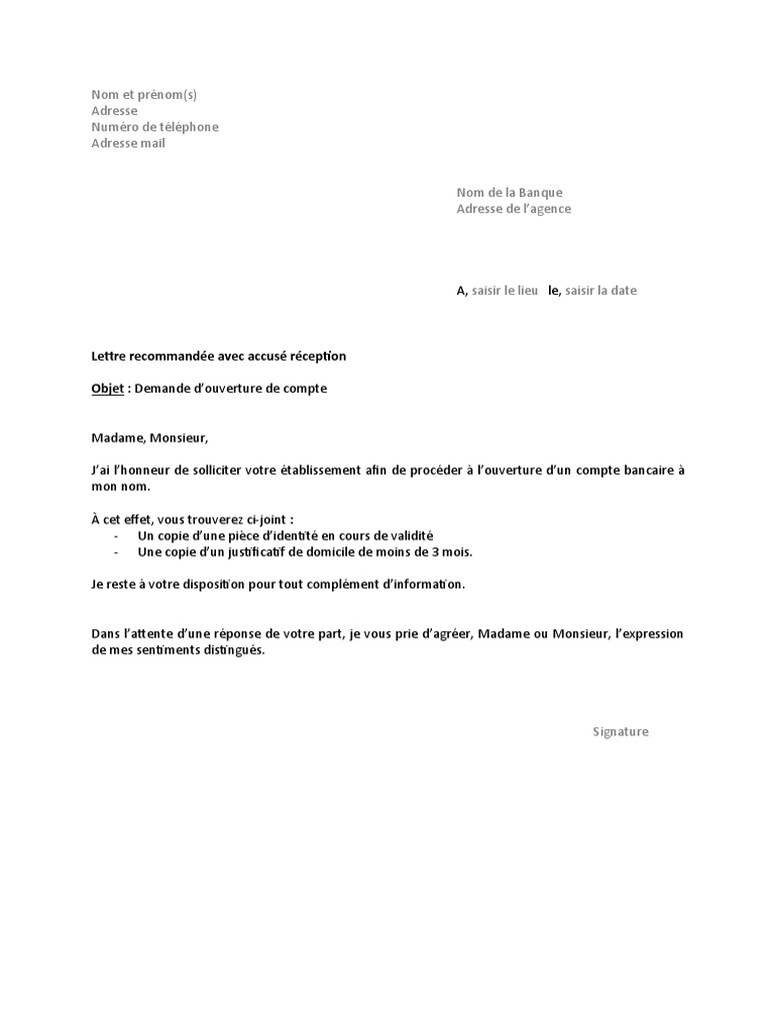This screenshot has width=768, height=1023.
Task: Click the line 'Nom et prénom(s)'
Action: pos(144,95)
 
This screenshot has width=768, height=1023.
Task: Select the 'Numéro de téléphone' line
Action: pos(154,127)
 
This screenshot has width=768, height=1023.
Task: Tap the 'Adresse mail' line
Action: pos(128,143)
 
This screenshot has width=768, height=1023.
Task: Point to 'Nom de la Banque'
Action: pos(509,193)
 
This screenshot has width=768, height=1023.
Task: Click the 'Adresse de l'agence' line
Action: pos(514,209)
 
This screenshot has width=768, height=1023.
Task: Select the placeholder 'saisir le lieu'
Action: pos(505,291)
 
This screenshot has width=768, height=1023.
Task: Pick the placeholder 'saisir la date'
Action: pos(601,291)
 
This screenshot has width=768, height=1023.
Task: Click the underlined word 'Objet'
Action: pos(107,389)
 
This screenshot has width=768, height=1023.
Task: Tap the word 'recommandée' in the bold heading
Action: pos(170,356)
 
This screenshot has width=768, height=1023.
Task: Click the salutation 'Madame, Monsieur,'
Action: pos(150,438)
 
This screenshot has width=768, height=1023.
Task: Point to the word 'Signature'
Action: pos(620,731)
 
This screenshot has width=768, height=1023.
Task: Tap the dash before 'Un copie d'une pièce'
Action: pos(117,535)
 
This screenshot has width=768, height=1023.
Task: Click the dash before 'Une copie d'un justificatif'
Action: pos(117,551)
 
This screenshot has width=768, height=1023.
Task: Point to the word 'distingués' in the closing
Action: pos(232,649)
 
